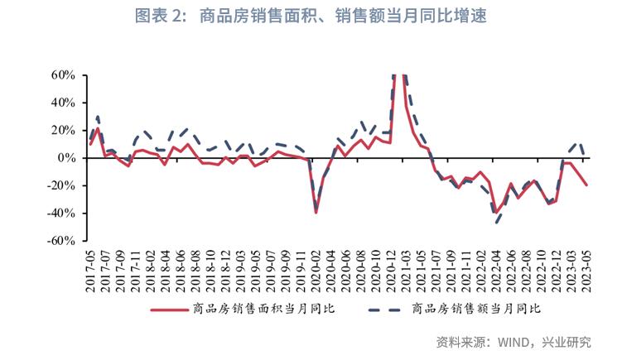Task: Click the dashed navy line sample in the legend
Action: point(387,310)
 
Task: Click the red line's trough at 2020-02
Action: point(316,213)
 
